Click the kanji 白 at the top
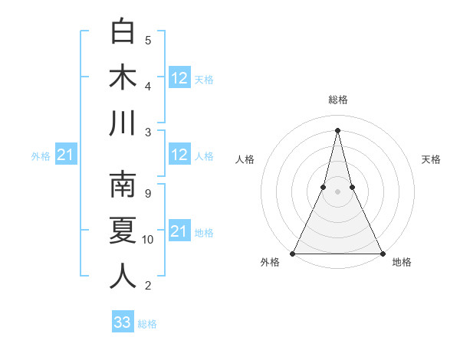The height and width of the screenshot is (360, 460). point(123,32)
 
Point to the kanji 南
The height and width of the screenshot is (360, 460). point(123,185)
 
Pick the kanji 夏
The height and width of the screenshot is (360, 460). point(123,231)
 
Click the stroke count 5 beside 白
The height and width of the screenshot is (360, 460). point(148,40)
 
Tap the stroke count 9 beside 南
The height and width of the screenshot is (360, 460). point(148,193)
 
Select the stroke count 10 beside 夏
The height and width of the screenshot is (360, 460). point(148,239)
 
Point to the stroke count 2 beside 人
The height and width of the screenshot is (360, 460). point(148,286)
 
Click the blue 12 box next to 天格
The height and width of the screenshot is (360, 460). point(179,78)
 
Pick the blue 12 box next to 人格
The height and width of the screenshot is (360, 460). point(179,155)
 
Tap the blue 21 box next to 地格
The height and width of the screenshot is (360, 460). point(179,231)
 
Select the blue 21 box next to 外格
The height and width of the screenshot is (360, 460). point(65,155)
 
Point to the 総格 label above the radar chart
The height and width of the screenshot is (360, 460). point(337,100)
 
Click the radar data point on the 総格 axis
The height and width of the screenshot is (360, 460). point(337,129)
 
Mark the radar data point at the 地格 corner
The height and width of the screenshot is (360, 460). point(382,253)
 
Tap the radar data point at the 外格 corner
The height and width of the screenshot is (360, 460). point(294,253)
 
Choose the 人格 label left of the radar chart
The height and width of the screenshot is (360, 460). point(245,159)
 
